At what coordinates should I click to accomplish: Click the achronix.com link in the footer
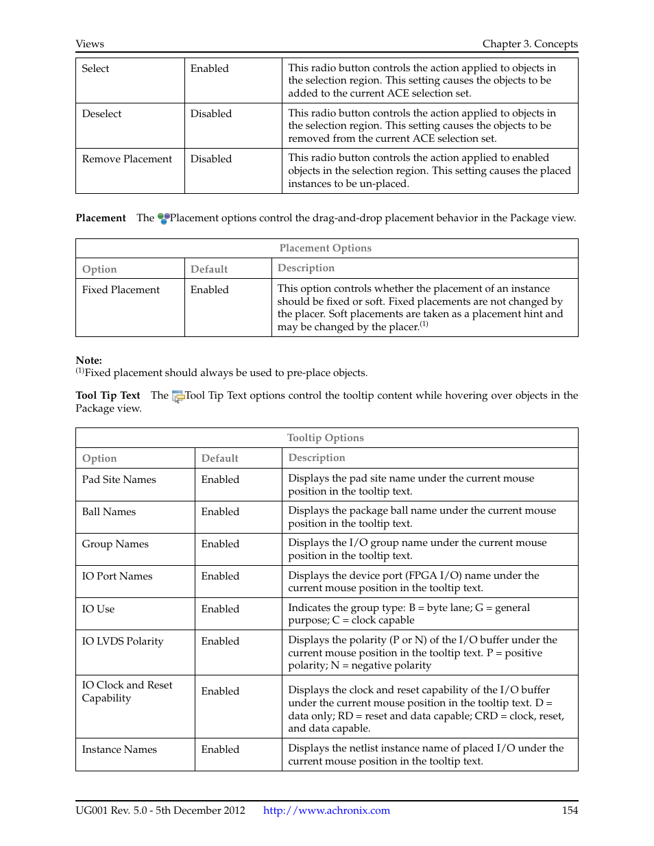(x=326, y=810)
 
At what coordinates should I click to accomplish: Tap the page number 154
(x=569, y=810)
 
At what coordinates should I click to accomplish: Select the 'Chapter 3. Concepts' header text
(x=529, y=44)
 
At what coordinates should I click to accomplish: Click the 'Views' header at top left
(x=90, y=44)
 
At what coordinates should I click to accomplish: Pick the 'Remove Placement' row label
(x=127, y=159)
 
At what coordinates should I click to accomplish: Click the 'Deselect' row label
(x=101, y=114)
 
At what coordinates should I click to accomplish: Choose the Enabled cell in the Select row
(x=209, y=69)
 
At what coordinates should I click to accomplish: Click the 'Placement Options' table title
(x=325, y=248)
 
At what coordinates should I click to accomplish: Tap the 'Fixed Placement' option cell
(x=121, y=290)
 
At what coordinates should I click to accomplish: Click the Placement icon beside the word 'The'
(x=163, y=219)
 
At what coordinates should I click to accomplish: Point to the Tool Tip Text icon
(x=178, y=396)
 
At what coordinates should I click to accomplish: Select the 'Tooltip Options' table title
(x=325, y=438)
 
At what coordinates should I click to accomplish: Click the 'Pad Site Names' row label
(x=119, y=480)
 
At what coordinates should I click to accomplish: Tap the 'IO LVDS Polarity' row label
(x=123, y=641)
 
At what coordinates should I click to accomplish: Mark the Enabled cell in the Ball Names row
(x=220, y=512)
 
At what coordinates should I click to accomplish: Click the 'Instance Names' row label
(x=119, y=749)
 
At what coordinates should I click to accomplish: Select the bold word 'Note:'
(x=88, y=360)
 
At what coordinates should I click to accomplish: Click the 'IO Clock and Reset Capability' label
(x=127, y=691)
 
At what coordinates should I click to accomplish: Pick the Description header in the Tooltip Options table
(x=316, y=458)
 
